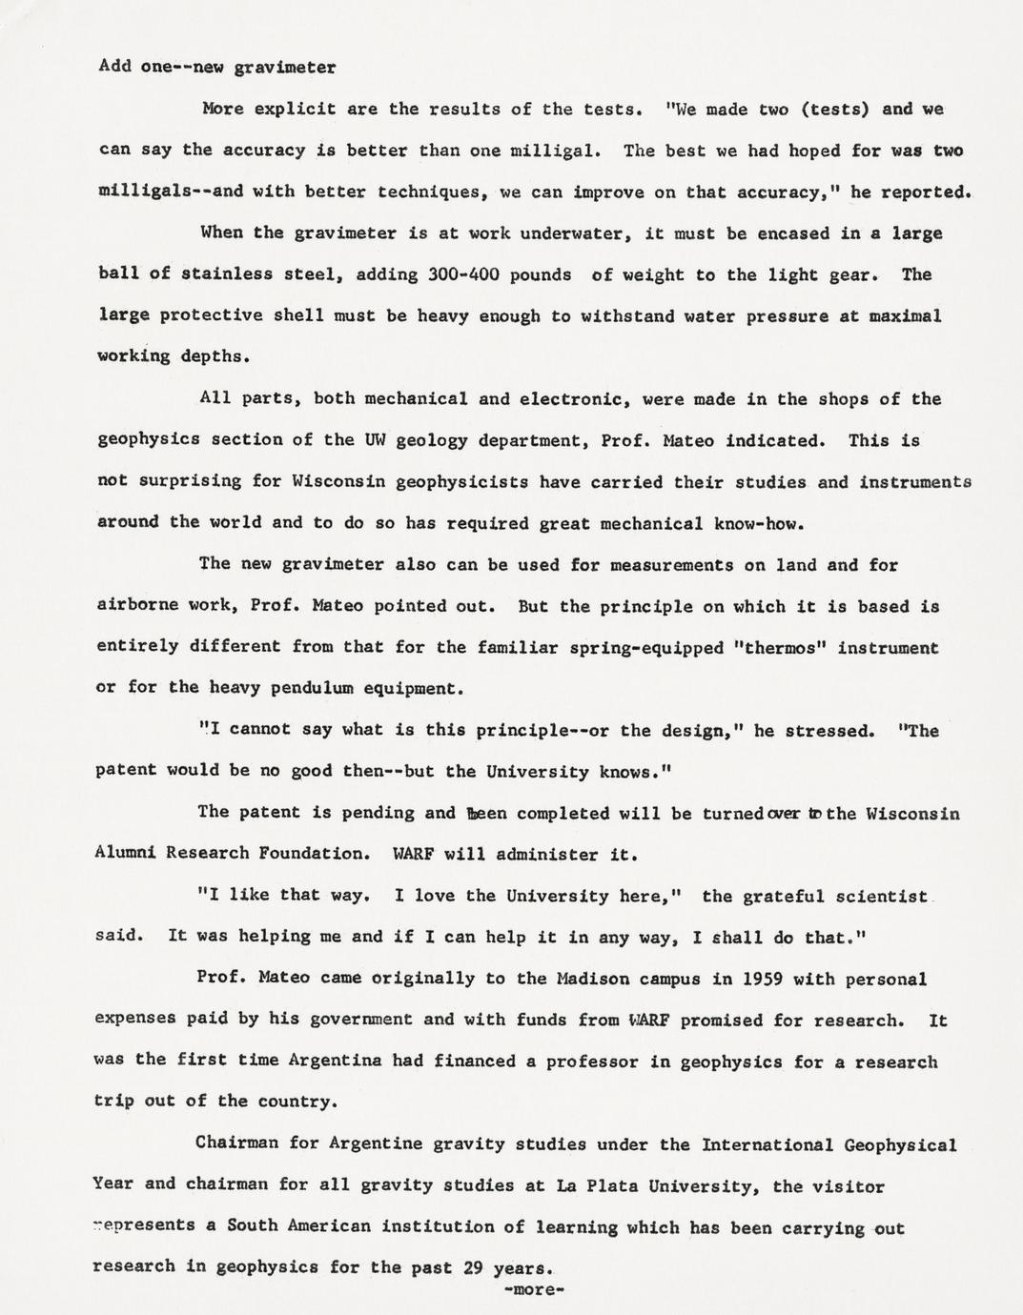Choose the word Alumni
(x=127, y=854)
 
